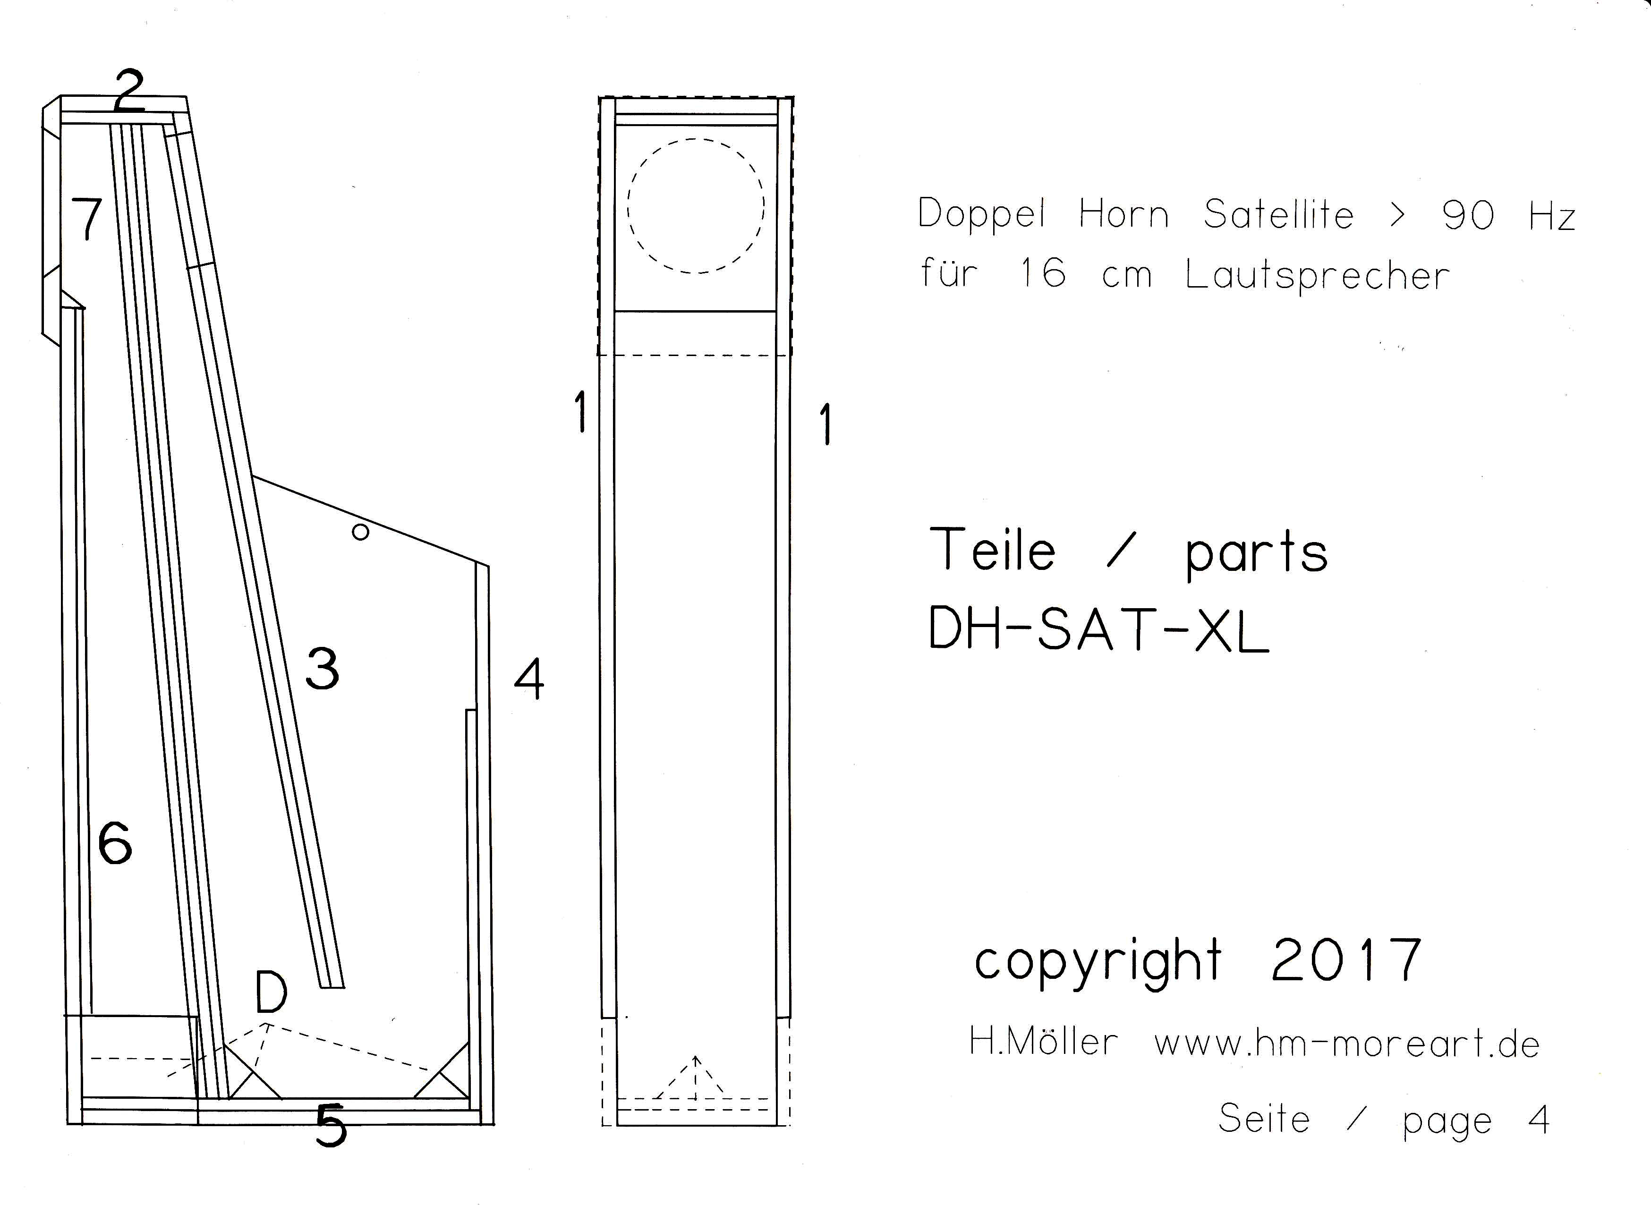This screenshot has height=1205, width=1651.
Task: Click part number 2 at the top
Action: tap(129, 89)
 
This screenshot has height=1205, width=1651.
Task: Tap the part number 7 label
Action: tap(87, 218)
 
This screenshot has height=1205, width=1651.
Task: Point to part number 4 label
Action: tap(529, 679)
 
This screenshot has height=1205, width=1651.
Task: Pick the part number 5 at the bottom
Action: tap(331, 1124)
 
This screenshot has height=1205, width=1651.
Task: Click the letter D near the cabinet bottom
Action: tap(272, 992)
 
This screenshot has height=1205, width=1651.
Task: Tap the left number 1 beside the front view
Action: tap(581, 411)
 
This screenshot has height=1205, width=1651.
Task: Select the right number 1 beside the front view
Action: tap(825, 424)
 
